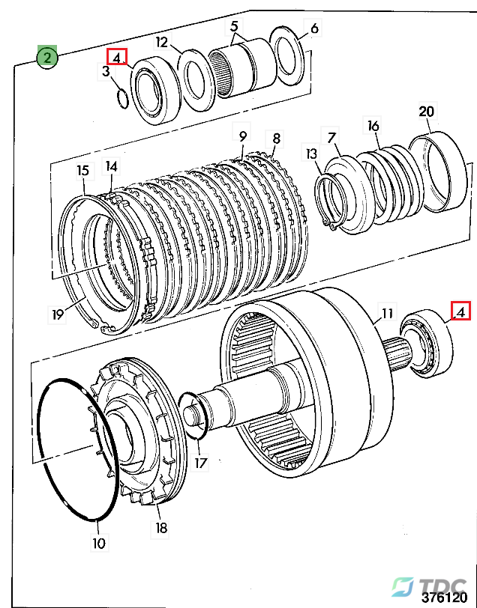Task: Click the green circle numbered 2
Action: [x=47, y=58]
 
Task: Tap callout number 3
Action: [x=106, y=71]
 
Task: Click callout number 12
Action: [x=161, y=42]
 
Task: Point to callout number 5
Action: [x=234, y=26]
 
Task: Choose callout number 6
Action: [x=314, y=28]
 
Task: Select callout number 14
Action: [x=111, y=166]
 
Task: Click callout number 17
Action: [x=200, y=463]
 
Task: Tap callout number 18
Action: [x=160, y=528]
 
